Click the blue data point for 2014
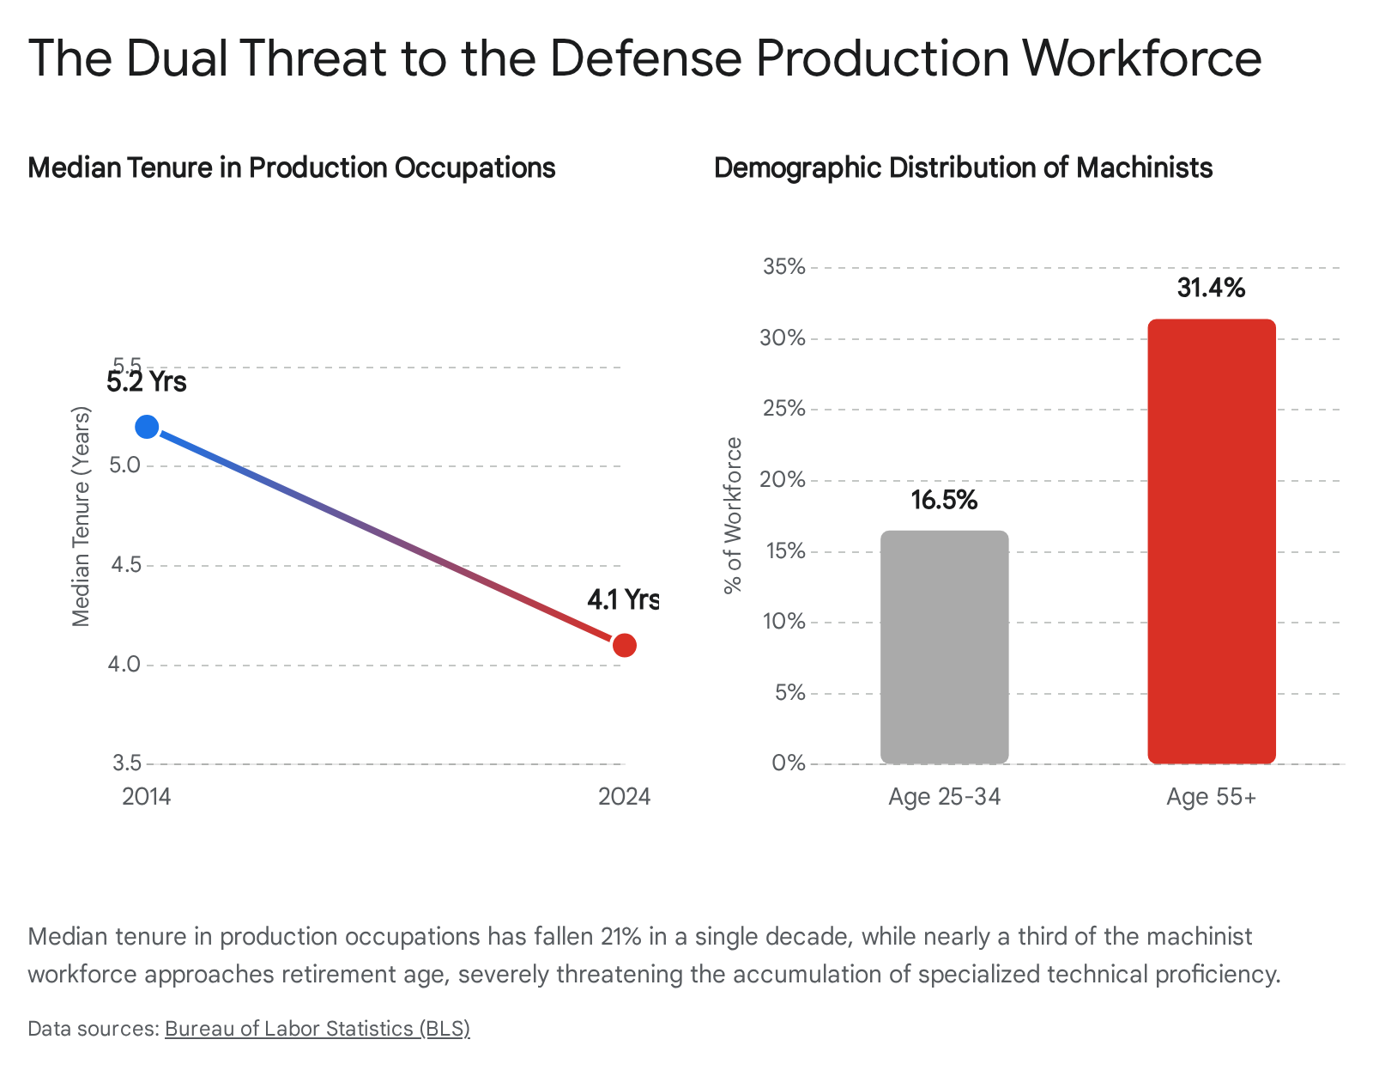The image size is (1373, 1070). click(147, 427)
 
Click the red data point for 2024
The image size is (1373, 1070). click(625, 645)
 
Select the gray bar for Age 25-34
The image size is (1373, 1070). click(944, 647)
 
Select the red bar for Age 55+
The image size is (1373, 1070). click(1212, 541)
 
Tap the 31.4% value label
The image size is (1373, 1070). click(1211, 288)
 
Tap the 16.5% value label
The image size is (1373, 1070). click(944, 500)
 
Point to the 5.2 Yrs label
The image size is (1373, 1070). click(147, 381)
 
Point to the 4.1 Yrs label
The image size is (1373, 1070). click(623, 599)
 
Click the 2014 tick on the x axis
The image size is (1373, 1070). click(147, 797)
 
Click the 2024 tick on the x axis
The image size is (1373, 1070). click(625, 797)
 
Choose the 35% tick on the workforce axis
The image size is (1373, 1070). click(784, 267)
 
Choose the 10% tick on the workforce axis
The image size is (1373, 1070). click(784, 622)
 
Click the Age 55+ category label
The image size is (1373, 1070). click(1211, 797)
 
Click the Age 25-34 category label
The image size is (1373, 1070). click(944, 797)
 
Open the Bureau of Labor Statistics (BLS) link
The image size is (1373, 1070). click(317, 1028)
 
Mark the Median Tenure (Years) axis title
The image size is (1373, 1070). click(81, 515)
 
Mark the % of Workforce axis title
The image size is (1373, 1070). click(732, 515)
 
